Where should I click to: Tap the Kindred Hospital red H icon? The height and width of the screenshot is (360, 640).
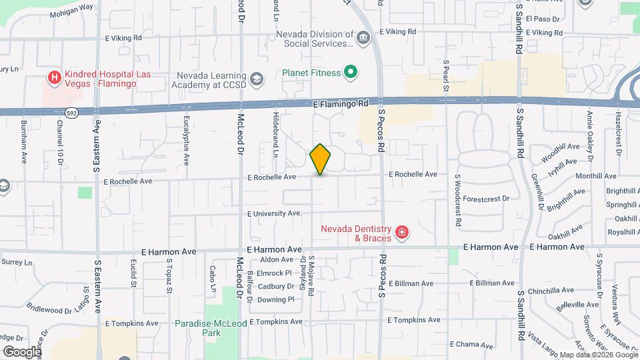[x=54, y=78]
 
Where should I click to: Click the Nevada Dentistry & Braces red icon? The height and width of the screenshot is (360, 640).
[x=402, y=233]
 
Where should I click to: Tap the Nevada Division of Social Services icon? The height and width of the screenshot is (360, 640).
[x=363, y=38]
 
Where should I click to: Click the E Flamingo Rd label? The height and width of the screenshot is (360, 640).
[x=340, y=104]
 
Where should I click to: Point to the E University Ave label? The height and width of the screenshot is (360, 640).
[x=274, y=213]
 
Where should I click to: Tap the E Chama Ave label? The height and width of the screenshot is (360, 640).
[x=471, y=345]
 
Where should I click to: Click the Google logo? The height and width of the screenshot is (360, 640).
[x=22, y=351]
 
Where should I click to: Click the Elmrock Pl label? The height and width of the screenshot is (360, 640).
[x=274, y=273]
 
